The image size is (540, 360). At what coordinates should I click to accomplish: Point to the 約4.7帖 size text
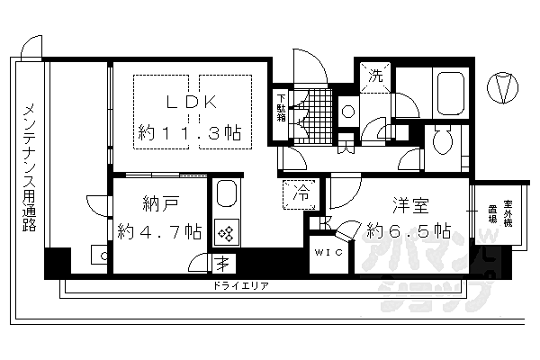(x=158, y=231)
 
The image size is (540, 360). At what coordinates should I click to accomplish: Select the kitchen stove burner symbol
(x=226, y=233)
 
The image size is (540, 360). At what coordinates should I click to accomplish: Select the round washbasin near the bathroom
(x=347, y=112)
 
